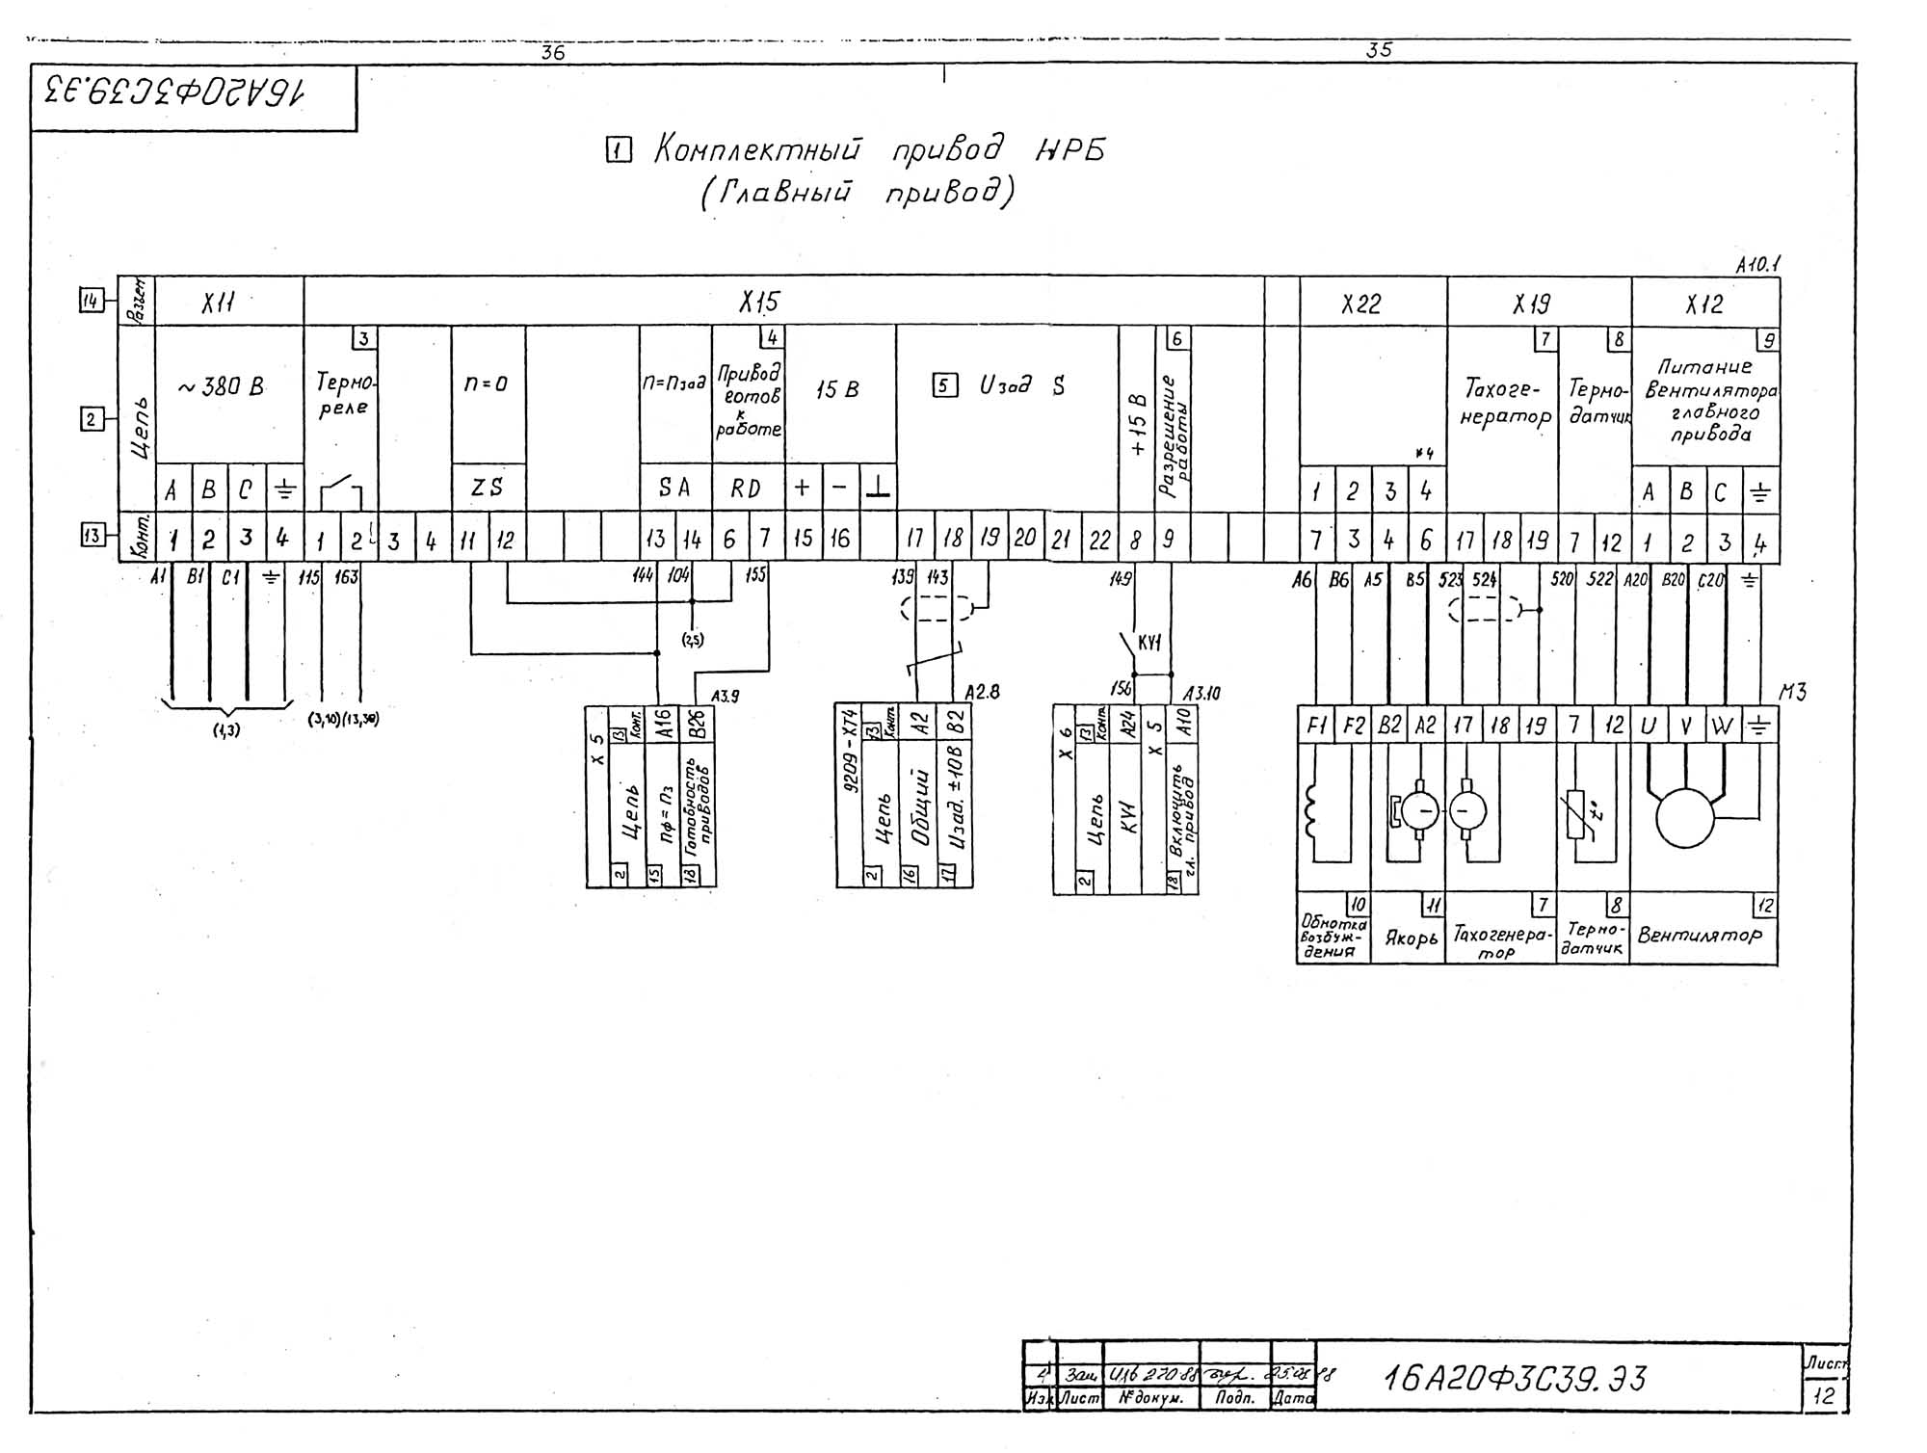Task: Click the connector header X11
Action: [x=218, y=304]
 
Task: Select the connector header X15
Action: [x=759, y=304]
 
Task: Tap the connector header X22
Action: [x=1360, y=304]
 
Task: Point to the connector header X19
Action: [x=1531, y=304]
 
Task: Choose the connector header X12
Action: [x=1703, y=304]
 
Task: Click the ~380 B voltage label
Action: [x=221, y=387]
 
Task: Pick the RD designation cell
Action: [x=746, y=489]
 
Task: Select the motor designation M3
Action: [x=1793, y=692]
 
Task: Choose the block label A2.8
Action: [x=982, y=692]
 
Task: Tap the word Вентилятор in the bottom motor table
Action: [x=1700, y=935]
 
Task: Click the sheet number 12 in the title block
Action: [x=1824, y=1395]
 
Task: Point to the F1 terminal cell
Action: [x=1315, y=726]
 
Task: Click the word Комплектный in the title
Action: [x=757, y=150]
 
